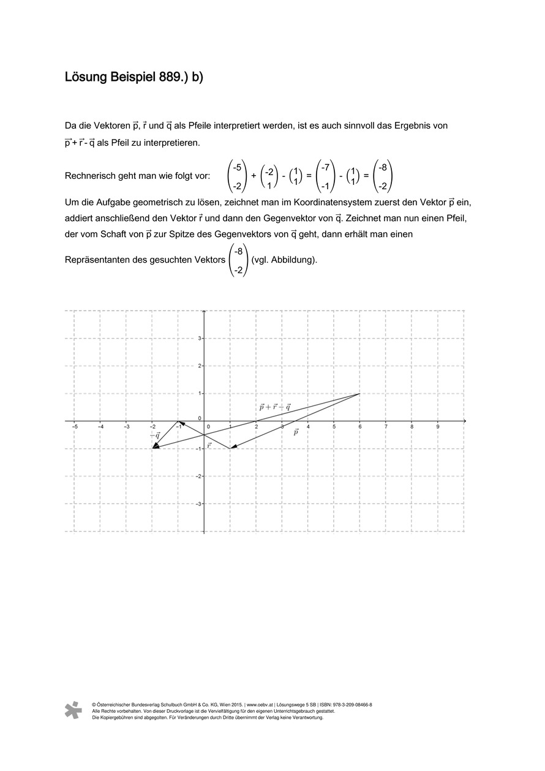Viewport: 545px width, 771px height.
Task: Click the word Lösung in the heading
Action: pyautogui.click(x=86, y=78)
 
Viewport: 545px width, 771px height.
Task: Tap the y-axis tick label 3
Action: pyautogui.click(x=198, y=338)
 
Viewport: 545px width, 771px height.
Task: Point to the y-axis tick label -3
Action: pyautogui.click(x=197, y=503)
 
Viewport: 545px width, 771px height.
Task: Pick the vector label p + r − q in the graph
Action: pyautogui.click(x=274, y=406)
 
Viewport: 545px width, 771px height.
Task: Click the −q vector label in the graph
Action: pyautogui.click(x=155, y=435)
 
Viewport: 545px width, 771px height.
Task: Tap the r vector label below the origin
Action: pyautogui.click(x=209, y=445)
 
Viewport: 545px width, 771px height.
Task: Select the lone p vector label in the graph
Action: pyautogui.click(x=296, y=432)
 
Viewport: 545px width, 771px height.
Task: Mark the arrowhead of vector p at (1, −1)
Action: pyautogui.click(x=233, y=448)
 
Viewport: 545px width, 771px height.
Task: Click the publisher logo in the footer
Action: pyautogui.click(x=73, y=710)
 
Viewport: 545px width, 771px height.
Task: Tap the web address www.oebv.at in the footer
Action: pyautogui.click(x=259, y=705)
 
